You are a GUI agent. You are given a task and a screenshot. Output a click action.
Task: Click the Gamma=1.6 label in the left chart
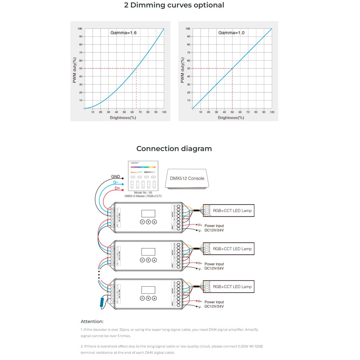coord(123,33)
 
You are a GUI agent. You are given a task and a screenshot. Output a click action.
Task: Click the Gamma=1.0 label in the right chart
coord(231,33)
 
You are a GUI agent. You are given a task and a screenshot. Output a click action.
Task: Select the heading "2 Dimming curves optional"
coord(174,5)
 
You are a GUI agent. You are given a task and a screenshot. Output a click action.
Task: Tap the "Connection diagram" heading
coord(174,149)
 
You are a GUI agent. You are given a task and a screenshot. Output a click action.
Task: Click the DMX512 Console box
coord(187,179)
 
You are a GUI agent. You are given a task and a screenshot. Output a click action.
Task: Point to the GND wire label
coord(116,177)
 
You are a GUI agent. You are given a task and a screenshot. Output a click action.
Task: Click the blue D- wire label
coord(116,182)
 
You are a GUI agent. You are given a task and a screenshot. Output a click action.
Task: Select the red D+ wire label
coord(117,188)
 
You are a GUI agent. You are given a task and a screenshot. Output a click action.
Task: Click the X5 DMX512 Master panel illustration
coord(143,176)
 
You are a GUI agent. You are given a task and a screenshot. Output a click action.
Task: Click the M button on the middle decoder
coord(142,260)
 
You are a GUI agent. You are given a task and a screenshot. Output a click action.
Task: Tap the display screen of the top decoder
coord(148,213)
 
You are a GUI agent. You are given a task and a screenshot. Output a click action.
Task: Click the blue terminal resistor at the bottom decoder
coord(102,302)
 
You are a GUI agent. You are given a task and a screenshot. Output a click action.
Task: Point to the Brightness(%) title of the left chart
coord(123,118)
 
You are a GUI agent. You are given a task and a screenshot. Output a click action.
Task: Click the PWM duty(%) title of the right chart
coord(182,70)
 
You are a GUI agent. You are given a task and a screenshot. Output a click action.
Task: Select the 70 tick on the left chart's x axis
coord(140,112)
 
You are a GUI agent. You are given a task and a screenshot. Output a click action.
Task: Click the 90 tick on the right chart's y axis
coord(188,36)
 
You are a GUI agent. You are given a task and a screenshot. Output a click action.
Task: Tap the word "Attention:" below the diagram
coord(92,321)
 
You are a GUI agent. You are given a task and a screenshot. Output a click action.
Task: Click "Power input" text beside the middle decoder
coord(214,264)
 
